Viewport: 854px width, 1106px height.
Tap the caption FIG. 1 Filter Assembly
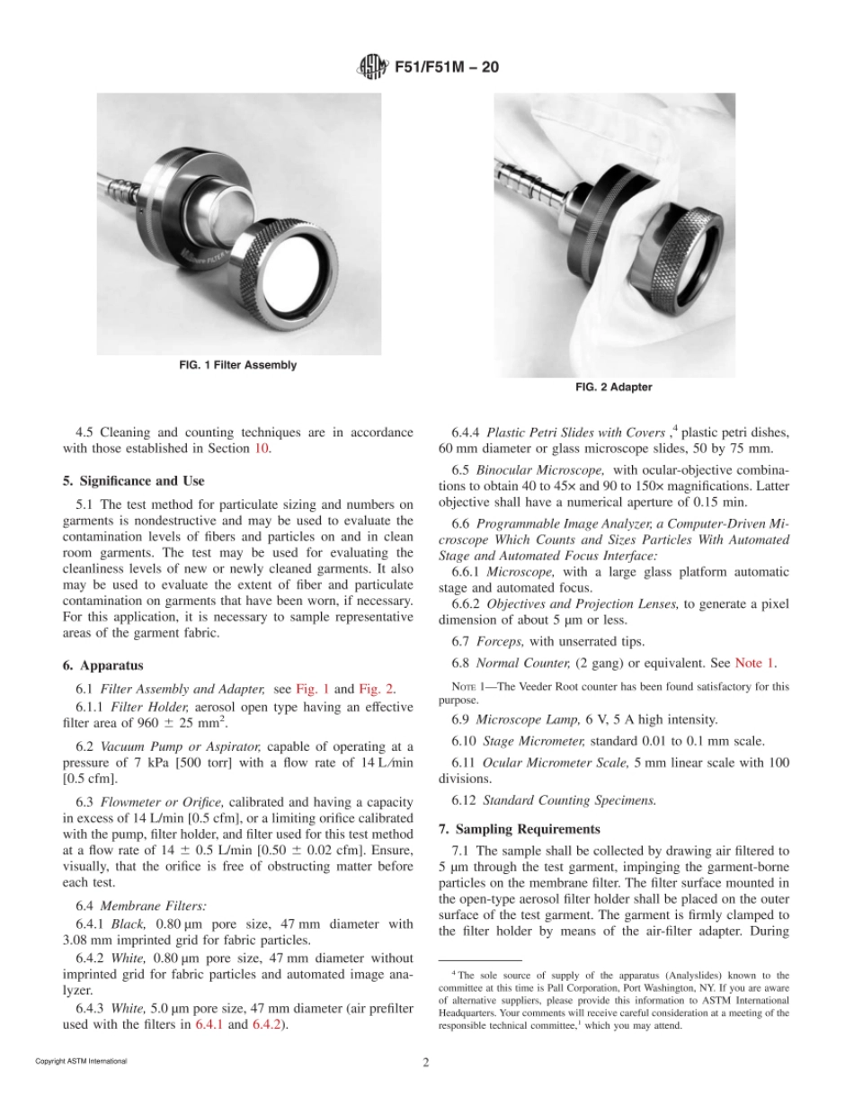tap(237, 365)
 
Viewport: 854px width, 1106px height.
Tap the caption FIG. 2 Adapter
tap(614, 388)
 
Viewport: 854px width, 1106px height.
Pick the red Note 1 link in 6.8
tap(756, 664)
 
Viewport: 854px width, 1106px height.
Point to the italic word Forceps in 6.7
tap(500, 640)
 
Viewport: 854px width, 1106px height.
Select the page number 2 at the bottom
tap(426, 1061)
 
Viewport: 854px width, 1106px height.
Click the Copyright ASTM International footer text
tap(81, 1061)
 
